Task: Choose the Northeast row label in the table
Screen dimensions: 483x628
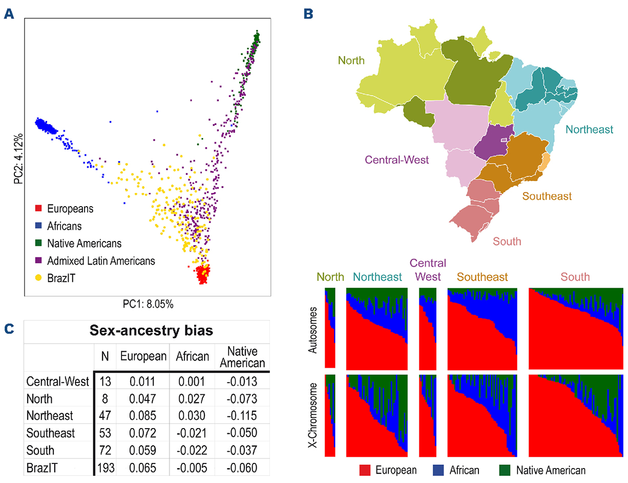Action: pos(50,415)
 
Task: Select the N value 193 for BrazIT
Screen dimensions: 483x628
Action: pos(104,467)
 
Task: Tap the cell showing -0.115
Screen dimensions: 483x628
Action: pos(240,415)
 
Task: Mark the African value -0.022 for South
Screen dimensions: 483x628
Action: pos(192,450)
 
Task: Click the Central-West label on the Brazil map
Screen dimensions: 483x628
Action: pos(397,160)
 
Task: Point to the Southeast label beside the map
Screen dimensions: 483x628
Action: pos(547,196)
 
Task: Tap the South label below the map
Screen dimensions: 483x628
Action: pos(507,241)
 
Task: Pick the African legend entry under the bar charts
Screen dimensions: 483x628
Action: pos(456,470)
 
